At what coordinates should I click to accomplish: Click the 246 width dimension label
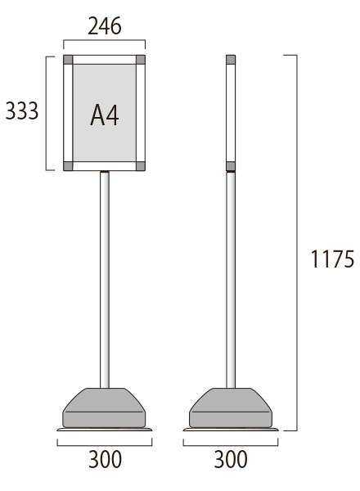104,26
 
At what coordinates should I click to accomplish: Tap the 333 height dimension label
22,110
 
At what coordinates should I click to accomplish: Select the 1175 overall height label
332,259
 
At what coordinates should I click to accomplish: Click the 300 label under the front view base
105,459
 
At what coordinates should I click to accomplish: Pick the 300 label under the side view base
231,459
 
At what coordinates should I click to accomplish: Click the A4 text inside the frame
105,115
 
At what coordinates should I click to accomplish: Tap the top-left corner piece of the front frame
68,60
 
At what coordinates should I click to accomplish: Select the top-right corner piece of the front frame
141,60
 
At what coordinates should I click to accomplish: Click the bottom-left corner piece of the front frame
68,166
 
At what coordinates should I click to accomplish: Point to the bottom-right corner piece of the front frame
141,166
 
